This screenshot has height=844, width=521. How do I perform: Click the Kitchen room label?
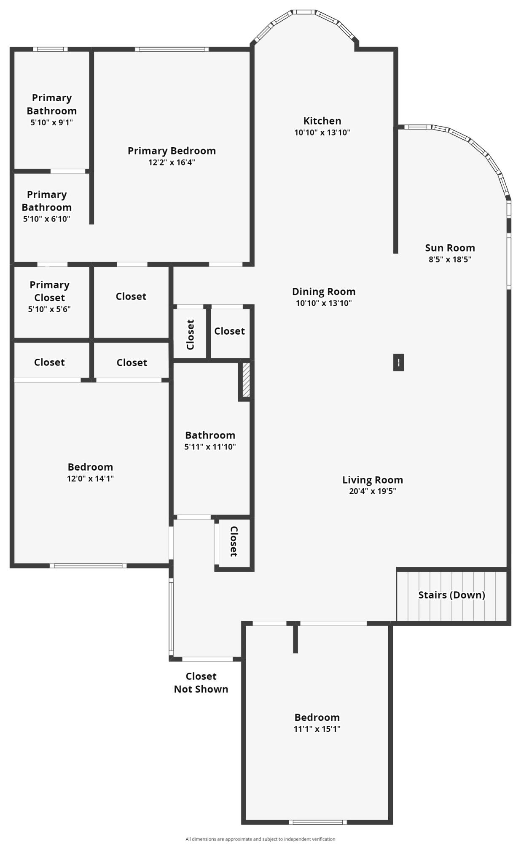click(x=322, y=121)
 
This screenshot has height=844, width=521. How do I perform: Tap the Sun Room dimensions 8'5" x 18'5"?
click(x=450, y=259)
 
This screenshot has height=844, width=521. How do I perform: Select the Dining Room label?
click(x=324, y=292)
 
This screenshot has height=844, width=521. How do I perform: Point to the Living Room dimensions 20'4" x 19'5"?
click(x=372, y=491)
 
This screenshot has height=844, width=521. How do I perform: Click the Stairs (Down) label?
click(x=451, y=595)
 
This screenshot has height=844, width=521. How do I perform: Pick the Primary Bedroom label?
click(x=172, y=151)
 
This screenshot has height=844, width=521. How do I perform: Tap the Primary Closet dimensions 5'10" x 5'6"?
click(x=49, y=309)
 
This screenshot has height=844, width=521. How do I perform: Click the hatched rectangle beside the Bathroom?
click(x=246, y=379)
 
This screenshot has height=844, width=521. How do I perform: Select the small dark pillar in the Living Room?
click(x=398, y=362)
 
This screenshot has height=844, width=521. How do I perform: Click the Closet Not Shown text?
click(x=201, y=682)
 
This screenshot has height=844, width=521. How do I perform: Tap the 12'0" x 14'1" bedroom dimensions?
click(x=90, y=478)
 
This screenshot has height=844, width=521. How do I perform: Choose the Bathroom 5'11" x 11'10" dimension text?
click(x=210, y=446)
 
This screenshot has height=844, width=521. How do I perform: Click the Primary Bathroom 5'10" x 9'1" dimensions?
click(x=51, y=122)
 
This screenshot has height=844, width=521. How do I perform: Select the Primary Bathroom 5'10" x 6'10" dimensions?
click(x=46, y=219)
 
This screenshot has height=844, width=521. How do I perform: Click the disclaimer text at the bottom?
click(x=260, y=839)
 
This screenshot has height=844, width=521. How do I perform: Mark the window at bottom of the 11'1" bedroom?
click(x=318, y=822)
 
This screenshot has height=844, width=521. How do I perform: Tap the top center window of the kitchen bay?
click(x=303, y=12)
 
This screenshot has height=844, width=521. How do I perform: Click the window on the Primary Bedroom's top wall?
click(x=172, y=49)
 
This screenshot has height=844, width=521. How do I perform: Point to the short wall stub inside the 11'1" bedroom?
click(x=295, y=638)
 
